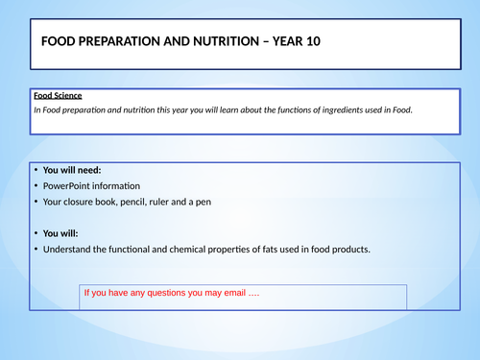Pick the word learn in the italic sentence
pos(238,110)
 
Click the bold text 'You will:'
pos(66,233)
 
